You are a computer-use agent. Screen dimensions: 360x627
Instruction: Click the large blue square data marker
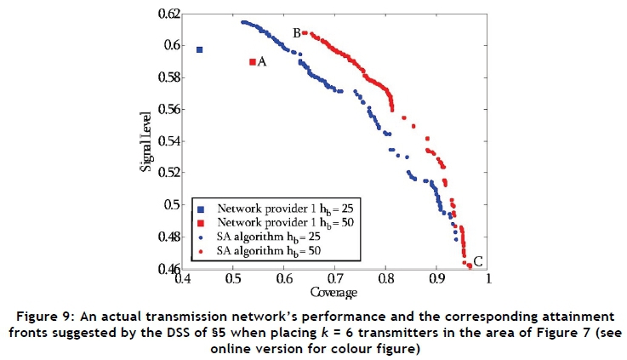(200, 49)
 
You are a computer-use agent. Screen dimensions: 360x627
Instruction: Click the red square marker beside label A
(253, 61)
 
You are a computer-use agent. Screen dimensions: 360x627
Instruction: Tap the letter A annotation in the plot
(262, 62)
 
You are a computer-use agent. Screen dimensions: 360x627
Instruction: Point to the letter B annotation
(296, 33)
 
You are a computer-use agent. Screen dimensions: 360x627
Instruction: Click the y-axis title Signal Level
(146, 141)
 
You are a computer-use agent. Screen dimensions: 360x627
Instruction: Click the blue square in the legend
(201, 209)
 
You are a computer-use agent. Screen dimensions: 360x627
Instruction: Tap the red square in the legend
(201, 223)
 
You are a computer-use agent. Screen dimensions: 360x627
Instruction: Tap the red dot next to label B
(304, 33)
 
